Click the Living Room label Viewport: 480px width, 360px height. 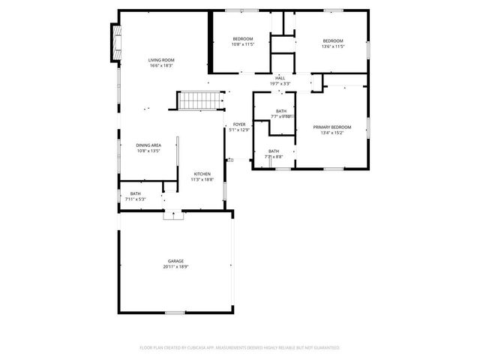(161, 60)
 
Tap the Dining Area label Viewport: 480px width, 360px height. (148, 145)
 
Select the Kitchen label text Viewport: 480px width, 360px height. (202, 174)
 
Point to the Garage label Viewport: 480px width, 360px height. (175, 261)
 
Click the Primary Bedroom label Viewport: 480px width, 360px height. (331, 127)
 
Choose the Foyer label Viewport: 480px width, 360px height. (239, 124)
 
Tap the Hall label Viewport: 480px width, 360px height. (280, 78)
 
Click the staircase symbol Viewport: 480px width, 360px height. (200, 100)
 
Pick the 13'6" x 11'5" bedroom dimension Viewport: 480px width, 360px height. (333, 46)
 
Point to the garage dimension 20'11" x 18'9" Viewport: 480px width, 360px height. (175, 267)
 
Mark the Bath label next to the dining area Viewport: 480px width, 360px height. (136, 193)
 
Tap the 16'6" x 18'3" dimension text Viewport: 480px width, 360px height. (161, 66)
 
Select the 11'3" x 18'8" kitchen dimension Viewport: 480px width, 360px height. (202, 180)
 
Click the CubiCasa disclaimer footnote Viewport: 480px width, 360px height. (240, 348)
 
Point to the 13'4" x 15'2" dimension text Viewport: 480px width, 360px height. (331, 133)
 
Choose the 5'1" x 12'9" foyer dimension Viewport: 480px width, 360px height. (239, 130)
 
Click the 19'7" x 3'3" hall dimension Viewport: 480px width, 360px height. (280, 84)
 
